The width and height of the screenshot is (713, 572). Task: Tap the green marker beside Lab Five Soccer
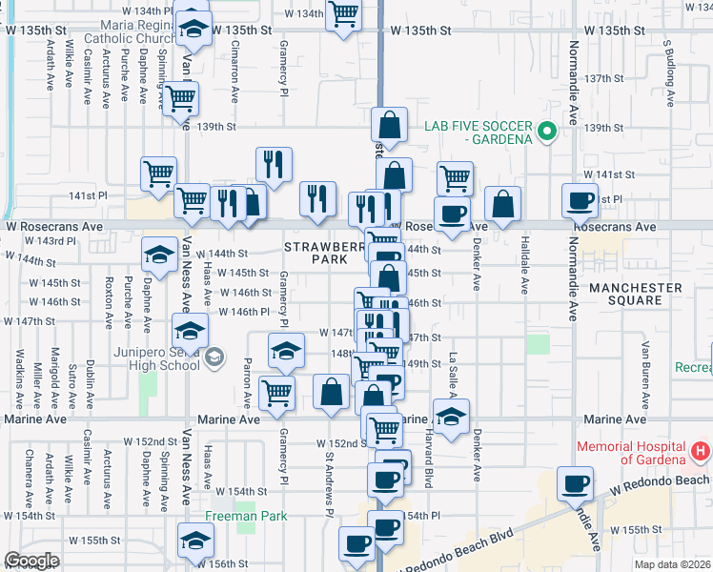(546, 132)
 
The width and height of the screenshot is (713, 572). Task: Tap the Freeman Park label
(246, 517)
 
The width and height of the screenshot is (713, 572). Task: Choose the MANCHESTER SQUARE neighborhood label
(635, 294)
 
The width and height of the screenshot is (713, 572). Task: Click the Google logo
(31, 561)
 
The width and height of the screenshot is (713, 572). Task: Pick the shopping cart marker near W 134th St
(343, 14)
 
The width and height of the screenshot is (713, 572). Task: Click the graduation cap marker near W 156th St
(195, 540)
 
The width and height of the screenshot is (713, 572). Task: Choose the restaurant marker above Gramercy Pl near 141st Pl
(274, 164)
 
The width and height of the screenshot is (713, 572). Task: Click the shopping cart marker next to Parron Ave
(276, 391)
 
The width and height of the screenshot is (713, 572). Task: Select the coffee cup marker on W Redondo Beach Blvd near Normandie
(575, 483)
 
